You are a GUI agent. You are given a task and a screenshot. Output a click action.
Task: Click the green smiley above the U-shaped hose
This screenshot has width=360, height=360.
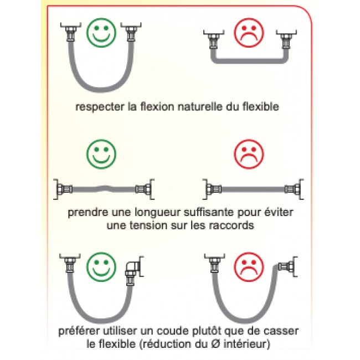pyautogui.click(x=101, y=33)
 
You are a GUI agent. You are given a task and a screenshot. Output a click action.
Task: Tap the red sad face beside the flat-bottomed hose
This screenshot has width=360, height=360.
pyautogui.click(x=249, y=33)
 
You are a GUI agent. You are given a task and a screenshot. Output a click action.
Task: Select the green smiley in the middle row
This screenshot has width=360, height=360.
pyautogui.click(x=101, y=154)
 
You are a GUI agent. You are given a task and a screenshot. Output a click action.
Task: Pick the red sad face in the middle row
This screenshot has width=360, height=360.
pyautogui.click(x=249, y=154)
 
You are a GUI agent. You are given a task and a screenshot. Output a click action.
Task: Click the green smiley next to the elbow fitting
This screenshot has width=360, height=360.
pyautogui.click(x=101, y=267)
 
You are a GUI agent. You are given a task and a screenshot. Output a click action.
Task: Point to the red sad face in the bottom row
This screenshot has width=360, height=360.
pyautogui.click(x=249, y=267)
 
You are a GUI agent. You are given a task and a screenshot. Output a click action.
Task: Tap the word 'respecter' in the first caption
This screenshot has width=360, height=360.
pyautogui.click(x=100, y=107)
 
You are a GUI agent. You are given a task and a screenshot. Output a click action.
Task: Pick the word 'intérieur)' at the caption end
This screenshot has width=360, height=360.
pyautogui.click(x=246, y=344)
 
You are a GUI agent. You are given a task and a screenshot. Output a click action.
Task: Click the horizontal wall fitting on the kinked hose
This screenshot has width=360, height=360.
pyautogui.click(x=287, y=266)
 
